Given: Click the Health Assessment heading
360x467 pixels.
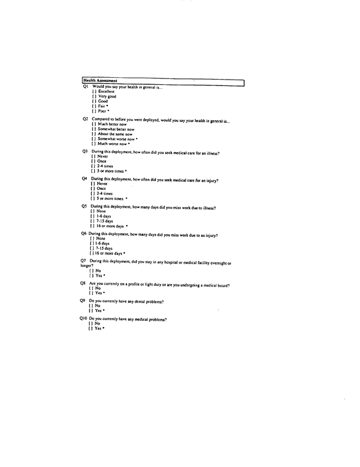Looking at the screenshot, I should click(100, 80).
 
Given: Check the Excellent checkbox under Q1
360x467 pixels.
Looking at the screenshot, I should click(94, 91).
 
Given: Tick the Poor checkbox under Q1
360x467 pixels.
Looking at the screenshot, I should click(94, 111).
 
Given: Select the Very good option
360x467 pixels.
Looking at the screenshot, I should click(94, 96).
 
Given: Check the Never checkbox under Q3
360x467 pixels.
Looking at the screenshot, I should click(93, 157).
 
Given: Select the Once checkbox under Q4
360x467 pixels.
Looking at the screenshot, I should click(93, 189).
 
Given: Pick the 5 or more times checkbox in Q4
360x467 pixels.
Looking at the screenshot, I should click(93, 198).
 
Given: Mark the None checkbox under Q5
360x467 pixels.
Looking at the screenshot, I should click(93, 211).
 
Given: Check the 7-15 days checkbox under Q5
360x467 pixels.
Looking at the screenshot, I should click(93, 221).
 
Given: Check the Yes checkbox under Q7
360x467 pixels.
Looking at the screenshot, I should click(91, 275).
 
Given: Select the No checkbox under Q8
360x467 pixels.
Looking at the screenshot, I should click(90, 288).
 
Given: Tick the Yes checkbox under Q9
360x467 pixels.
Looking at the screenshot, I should click(90, 311).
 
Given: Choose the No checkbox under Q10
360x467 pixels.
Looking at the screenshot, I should click(90, 324).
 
